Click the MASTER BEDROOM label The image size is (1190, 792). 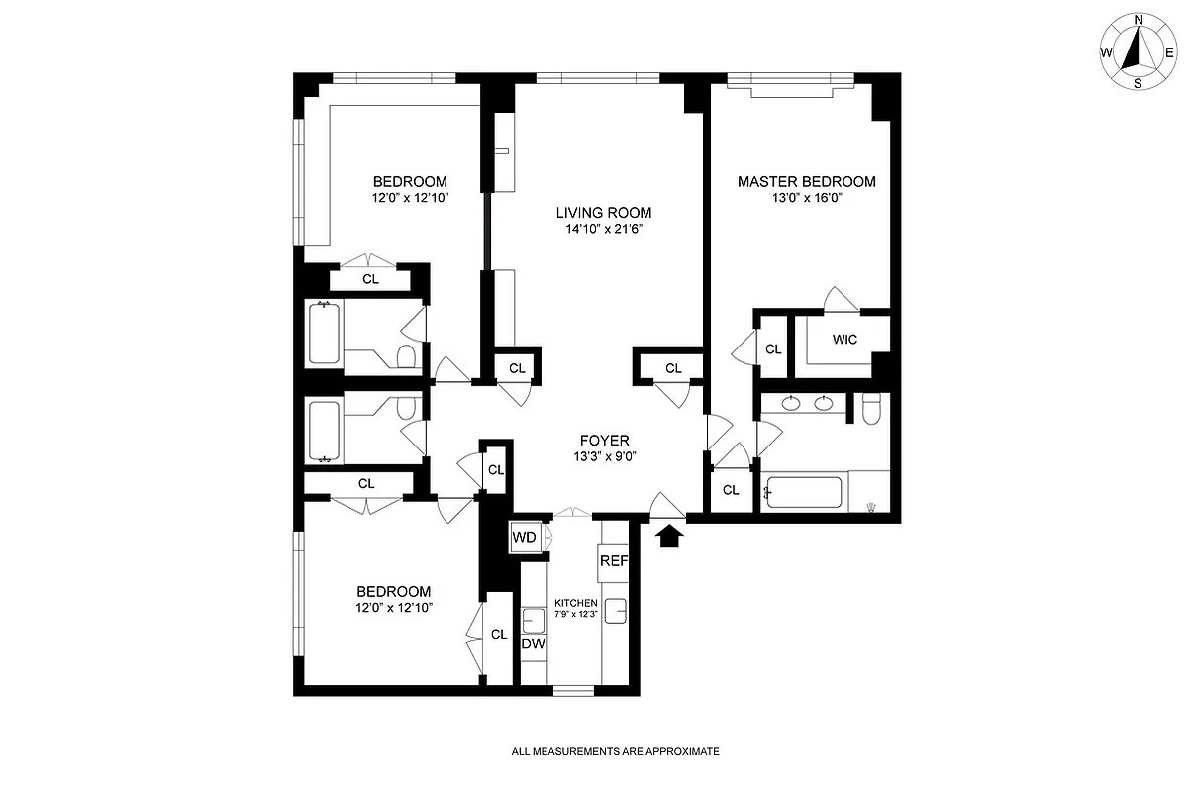coord(806,181)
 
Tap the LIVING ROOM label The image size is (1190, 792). coord(603,212)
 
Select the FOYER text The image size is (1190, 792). coord(604,441)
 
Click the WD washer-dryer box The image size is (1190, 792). coord(524,538)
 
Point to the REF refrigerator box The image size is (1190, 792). coord(613,560)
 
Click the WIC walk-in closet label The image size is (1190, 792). coord(844,340)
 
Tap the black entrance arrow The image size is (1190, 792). coord(670,536)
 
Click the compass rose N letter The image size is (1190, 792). coord(1139,20)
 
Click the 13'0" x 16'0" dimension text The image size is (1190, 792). coord(806,198)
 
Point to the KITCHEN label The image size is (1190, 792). coord(575,603)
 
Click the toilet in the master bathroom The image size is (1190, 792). coord(871,408)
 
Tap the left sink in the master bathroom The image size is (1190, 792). coord(789,403)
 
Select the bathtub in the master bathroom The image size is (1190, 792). coord(805,492)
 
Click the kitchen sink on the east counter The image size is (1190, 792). coord(616,612)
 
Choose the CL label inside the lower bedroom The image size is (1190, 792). coord(498,635)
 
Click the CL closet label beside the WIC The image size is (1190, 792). coord(773,348)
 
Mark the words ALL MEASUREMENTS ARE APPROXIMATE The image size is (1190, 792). coord(615,752)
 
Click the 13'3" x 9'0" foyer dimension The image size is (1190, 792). coord(604,456)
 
